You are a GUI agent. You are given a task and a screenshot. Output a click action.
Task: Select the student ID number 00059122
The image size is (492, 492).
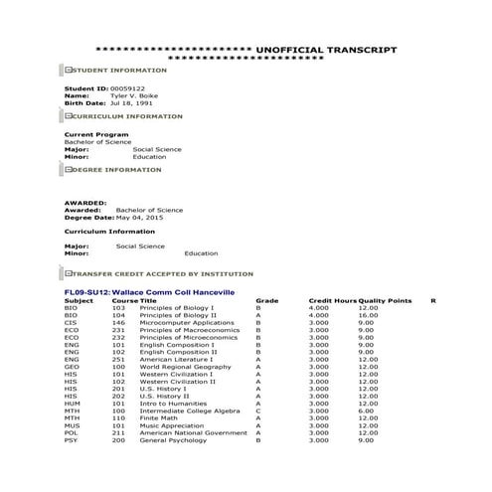click(128, 88)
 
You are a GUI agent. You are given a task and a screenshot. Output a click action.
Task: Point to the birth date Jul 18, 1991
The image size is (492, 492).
click(132, 102)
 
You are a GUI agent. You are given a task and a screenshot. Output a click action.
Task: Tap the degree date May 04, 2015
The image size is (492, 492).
click(130, 217)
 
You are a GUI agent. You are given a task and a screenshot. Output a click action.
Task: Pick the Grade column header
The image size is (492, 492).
click(267, 300)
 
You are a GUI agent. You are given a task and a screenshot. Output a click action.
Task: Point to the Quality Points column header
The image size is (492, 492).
click(385, 300)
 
